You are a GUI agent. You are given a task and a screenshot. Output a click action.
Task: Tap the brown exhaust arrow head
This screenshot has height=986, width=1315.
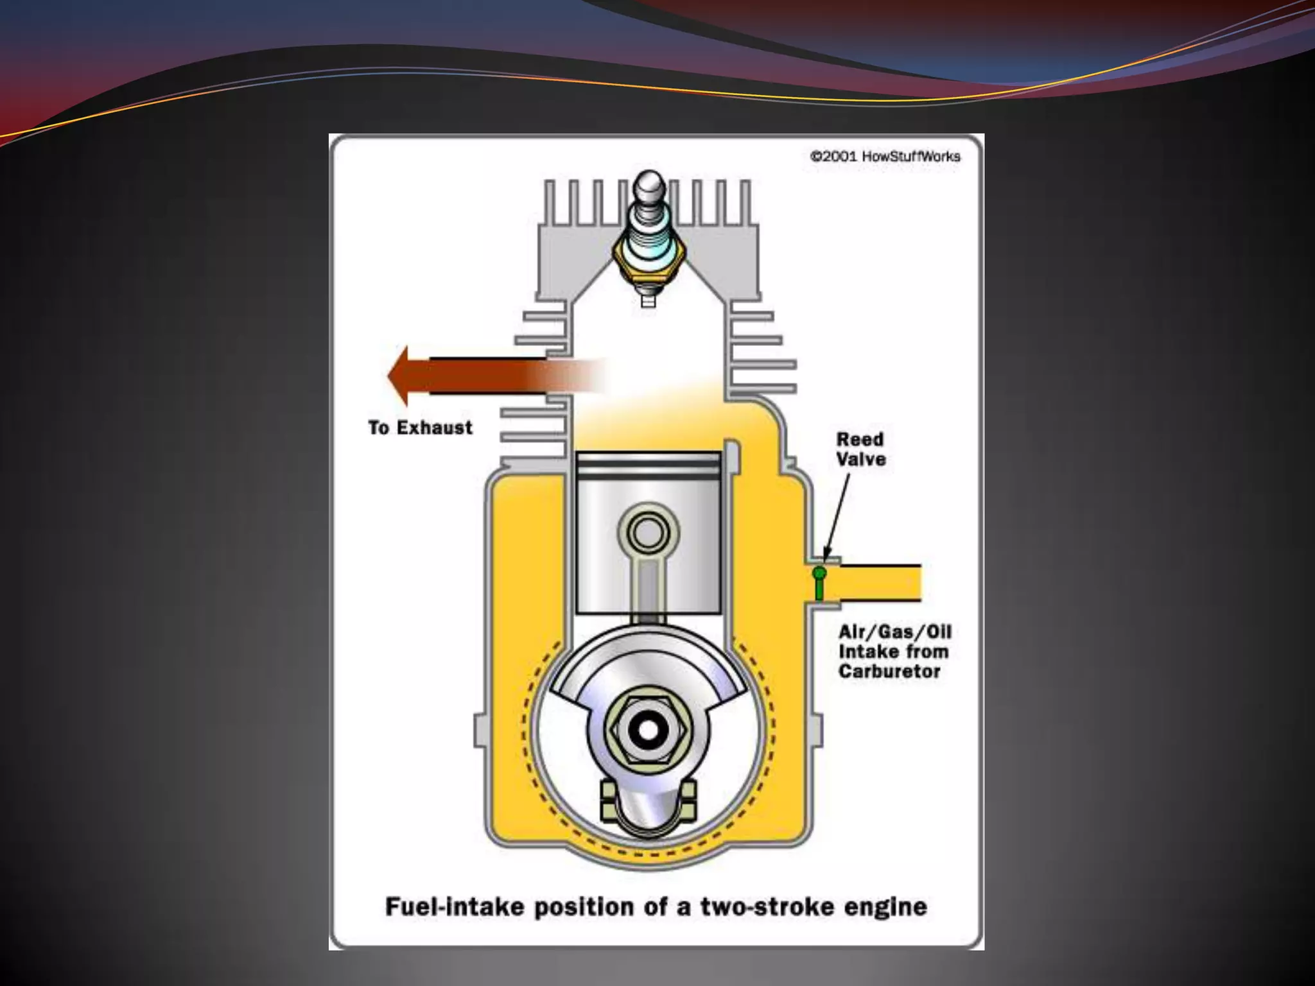[x=401, y=376]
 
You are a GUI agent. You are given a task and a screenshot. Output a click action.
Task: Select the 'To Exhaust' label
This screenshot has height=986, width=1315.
[x=421, y=428]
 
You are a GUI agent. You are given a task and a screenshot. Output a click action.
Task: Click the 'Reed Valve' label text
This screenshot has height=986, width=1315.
[x=860, y=449]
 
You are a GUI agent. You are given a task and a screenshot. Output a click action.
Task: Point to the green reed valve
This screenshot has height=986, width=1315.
[x=819, y=582]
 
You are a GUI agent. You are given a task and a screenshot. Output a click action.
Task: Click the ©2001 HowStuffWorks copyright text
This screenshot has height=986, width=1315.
[x=885, y=157]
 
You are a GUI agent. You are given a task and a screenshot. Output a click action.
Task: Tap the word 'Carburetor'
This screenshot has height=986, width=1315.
[x=889, y=672]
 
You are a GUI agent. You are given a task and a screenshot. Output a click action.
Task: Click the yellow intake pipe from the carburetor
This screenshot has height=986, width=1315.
[x=880, y=583]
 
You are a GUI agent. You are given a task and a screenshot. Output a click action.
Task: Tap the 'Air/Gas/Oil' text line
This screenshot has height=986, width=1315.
[x=894, y=632]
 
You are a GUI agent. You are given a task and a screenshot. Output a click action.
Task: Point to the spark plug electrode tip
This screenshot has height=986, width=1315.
[x=649, y=300]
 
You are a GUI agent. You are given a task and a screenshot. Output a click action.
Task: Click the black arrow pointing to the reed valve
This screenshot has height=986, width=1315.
[x=838, y=514]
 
